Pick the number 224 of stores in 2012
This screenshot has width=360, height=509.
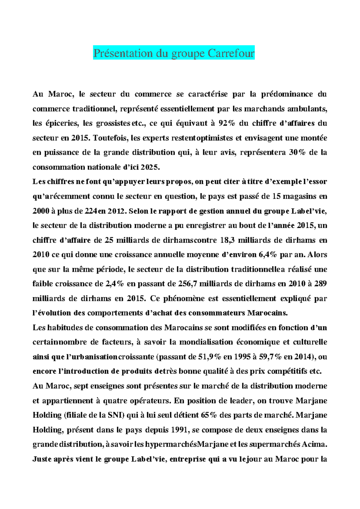(91, 211)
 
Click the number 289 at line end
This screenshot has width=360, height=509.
(320, 284)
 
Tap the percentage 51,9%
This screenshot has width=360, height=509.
(210, 357)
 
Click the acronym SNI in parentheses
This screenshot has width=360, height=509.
(114, 415)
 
